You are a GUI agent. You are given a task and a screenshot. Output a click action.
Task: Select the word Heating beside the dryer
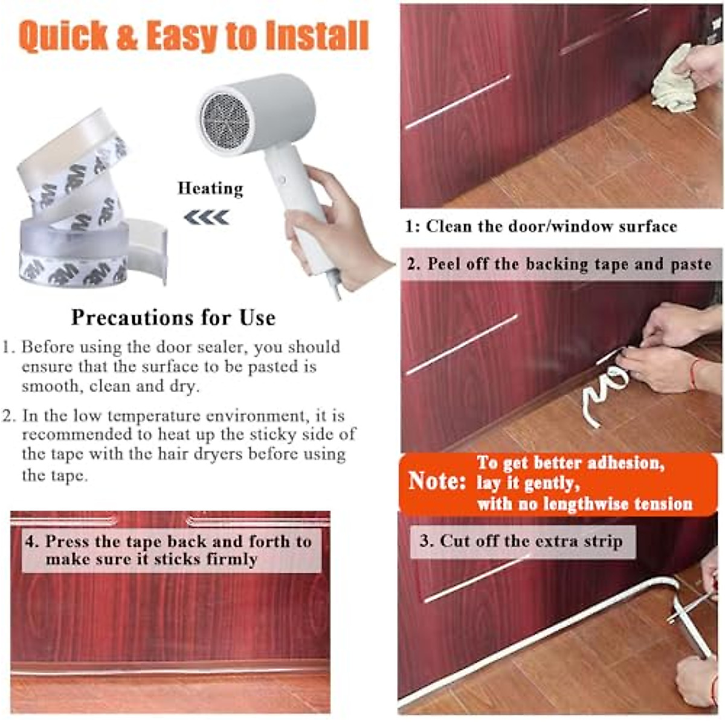pyautogui.click(x=210, y=188)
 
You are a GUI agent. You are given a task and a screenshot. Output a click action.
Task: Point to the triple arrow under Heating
pyautogui.click(x=207, y=217)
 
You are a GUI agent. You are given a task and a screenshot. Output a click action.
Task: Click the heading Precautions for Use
pyautogui.click(x=173, y=318)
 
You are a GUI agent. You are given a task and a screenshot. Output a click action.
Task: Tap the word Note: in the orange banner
pyautogui.click(x=437, y=481)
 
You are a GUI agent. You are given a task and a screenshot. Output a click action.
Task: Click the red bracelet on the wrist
pyautogui.click(x=694, y=373)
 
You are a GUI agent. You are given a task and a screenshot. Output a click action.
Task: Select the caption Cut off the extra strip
pyautogui.click(x=521, y=541)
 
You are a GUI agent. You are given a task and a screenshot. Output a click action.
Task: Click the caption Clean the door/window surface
pyautogui.click(x=541, y=227)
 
